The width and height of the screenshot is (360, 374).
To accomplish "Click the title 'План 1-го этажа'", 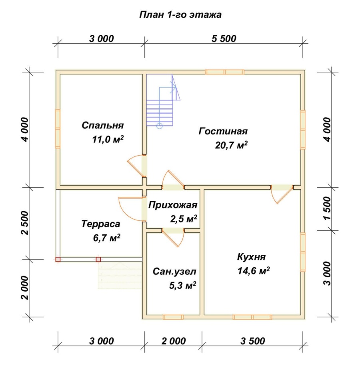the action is tap(180, 15).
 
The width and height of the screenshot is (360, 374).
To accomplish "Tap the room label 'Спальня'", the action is tap(102, 126).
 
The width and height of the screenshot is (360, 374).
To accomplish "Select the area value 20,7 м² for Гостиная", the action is tap(231, 145).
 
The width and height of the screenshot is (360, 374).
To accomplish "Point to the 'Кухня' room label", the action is tap(251, 257).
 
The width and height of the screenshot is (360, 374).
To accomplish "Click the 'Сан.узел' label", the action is tap(174, 272).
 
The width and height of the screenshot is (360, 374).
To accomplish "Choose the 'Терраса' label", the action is tap(100, 224).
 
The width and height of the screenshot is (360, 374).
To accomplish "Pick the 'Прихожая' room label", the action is tap(173, 205).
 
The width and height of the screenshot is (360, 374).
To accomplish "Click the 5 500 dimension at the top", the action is tap(224, 39).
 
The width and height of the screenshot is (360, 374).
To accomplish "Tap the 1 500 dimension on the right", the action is tap(328, 208).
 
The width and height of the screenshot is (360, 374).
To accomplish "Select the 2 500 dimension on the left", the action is tap(25, 223).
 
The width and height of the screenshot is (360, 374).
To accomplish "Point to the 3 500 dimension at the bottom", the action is tap(252, 341).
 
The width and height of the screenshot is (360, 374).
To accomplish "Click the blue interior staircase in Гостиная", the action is tap(163, 101).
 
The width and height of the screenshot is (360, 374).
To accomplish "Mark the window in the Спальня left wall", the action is tap(58, 128).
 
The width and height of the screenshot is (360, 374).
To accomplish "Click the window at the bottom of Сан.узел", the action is tap(173, 317).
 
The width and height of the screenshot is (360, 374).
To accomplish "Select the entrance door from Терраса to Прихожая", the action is tap(132, 209).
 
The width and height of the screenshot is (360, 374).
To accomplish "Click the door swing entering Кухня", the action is tap(282, 194).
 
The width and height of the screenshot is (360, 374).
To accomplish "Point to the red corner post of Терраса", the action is tap(58, 259).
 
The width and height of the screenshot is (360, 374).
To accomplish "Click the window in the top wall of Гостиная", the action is tap(224, 72).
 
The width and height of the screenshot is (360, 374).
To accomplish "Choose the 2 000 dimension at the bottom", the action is tap(174, 341).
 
